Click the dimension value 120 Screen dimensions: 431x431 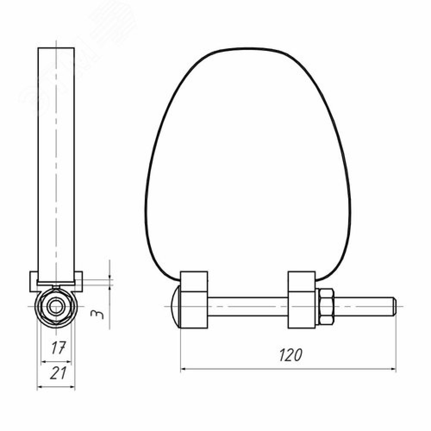[290, 355]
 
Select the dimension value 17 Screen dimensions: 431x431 [59, 348]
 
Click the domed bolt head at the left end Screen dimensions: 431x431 [176, 306]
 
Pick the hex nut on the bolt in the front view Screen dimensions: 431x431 [326, 306]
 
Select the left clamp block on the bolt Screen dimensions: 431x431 [194, 300]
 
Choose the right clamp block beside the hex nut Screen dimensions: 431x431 [302, 300]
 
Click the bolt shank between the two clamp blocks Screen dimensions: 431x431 [248, 306]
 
